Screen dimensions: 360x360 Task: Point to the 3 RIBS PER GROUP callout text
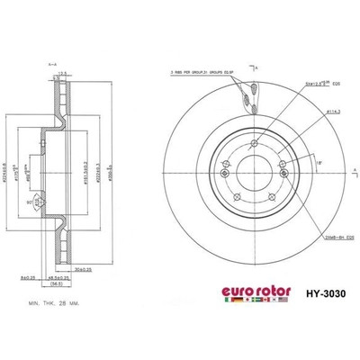pyautogui.click(x=207, y=72)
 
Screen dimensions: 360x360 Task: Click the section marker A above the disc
pyautogui.click(x=257, y=67)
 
